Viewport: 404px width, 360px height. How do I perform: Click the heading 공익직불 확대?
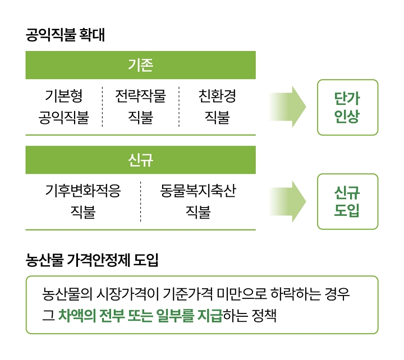65,35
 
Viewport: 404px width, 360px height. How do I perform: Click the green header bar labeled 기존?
140,65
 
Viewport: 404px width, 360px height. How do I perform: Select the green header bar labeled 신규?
140,160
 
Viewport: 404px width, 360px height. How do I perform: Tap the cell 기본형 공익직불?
63,107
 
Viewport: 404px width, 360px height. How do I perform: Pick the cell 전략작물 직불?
140,107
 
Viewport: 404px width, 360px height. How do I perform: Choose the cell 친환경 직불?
217,107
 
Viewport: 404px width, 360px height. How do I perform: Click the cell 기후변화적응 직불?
82,202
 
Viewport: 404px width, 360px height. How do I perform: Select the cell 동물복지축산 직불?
198,202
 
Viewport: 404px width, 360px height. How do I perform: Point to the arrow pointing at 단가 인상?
288,107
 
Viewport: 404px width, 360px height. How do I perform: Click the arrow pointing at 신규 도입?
288,202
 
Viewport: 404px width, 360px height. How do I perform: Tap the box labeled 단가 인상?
347,107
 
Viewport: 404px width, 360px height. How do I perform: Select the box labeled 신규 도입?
347,202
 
